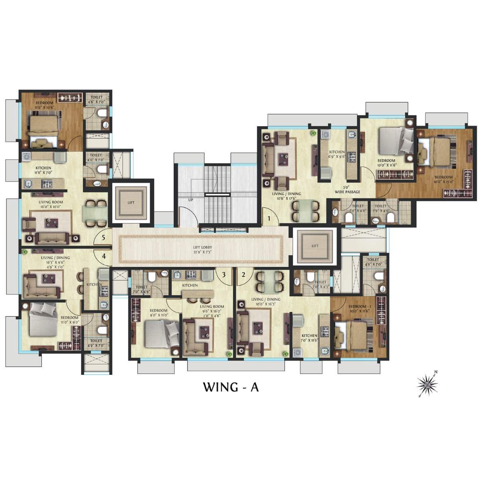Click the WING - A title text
click(231, 387)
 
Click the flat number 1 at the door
click(269, 218)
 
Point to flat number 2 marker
click(243, 274)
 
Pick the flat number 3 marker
click(224, 274)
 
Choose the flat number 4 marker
click(104, 256)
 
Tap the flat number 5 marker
click(104, 238)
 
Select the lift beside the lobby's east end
click(315, 246)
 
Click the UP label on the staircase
click(190, 200)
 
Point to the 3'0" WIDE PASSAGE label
click(347, 190)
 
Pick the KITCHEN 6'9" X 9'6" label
click(337, 155)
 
